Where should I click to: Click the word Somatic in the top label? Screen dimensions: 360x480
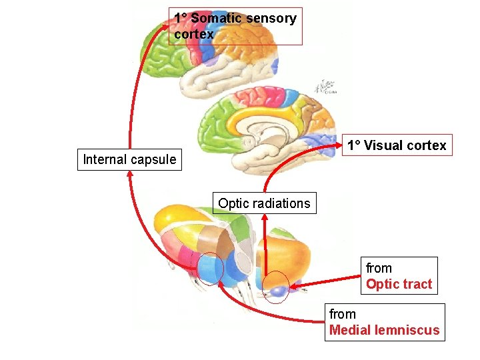(215, 18)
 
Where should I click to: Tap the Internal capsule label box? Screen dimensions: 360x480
(129, 159)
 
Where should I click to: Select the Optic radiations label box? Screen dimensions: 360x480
(264, 203)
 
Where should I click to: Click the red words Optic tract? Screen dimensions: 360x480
(399, 284)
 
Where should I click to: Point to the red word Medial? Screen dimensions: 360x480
(351, 330)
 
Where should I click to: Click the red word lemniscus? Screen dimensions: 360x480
(407, 330)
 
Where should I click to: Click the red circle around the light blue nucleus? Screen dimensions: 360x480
(210, 269)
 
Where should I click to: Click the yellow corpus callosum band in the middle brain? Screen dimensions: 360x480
(267, 115)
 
